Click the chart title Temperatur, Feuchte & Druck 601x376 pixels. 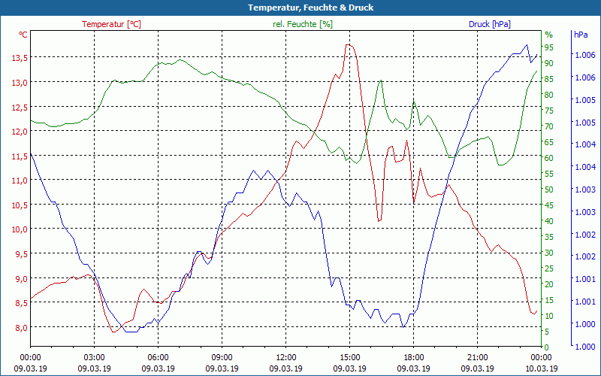tap(300, 8)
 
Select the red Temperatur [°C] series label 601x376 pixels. tap(111, 24)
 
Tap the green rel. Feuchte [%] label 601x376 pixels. tap(302, 24)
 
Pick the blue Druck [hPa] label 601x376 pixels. tap(489, 24)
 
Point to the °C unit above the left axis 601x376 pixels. tap(23, 35)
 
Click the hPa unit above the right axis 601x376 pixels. tap(580, 35)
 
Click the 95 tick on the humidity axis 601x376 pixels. tap(548, 47)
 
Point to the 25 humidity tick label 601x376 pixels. tap(548, 268)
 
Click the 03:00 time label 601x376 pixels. tap(94, 357)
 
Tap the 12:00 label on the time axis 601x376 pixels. tap(285, 357)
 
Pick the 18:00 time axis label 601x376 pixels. tap(414, 357)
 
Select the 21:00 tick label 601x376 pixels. tap(478, 357)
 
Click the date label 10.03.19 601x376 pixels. tap(542, 368)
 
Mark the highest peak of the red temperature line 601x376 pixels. tap(349, 44)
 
